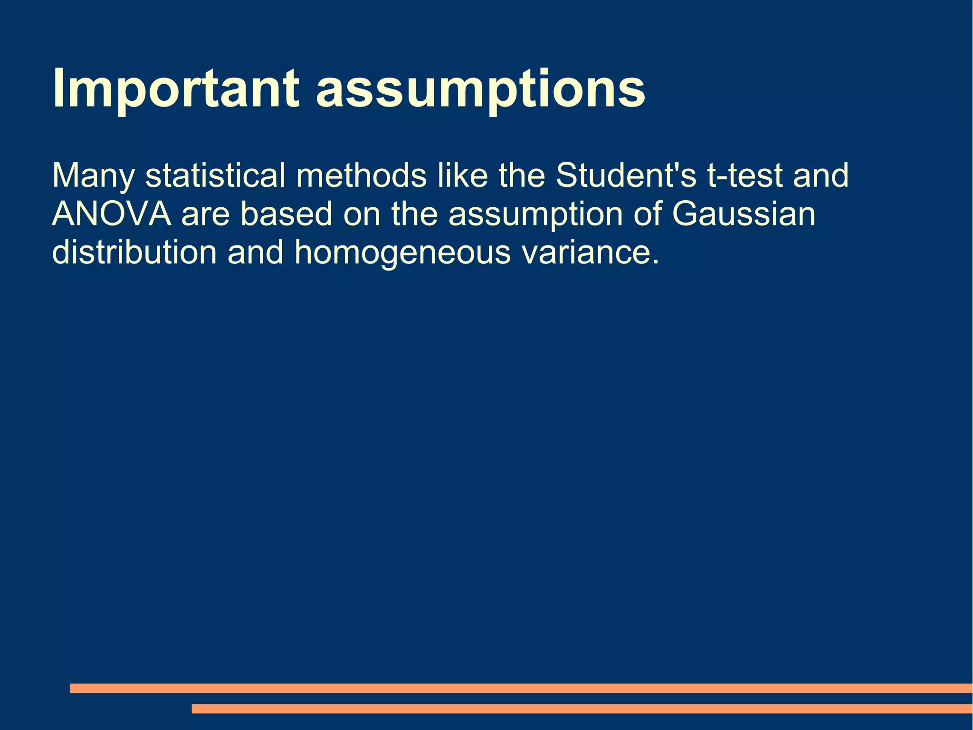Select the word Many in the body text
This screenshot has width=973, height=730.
pos(93,176)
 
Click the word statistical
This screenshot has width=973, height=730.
pos(215,175)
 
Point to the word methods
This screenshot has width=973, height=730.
pos(361,175)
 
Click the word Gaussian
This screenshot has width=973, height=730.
pos(744,214)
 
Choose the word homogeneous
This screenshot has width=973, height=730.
pos(402,253)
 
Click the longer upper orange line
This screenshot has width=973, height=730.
pos(521,688)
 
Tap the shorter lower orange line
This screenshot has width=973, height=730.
pos(582,709)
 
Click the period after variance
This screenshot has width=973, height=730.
pos(656,262)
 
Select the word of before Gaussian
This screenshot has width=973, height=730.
pos(648,214)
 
